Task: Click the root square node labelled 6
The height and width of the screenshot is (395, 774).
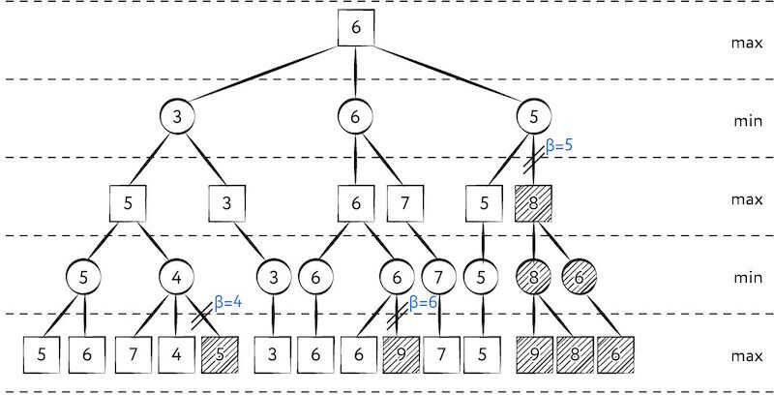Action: click(x=356, y=28)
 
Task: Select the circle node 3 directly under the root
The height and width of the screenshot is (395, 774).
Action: click(x=177, y=116)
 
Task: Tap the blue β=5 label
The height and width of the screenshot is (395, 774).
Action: click(x=559, y=146)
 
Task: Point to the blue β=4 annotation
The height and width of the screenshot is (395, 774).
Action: click(x=227, y=302)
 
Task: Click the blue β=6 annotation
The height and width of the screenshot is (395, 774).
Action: click(x=423, y=302)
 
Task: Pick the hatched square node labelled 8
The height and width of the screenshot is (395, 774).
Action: click(x=533, y=203)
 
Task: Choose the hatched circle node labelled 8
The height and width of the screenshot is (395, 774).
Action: click(x=534, y=277)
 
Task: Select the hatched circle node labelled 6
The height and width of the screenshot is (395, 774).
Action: click(x=579, y=277)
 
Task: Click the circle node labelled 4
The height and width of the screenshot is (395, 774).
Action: click(x=176, y=277)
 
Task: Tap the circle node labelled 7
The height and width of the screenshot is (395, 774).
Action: click(x=439, y=277)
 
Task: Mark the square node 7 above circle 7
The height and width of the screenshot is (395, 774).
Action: click(x=404, y=203)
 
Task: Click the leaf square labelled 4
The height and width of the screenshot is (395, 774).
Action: click(x=176, y=354)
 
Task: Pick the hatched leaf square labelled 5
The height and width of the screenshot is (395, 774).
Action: click(x=221, y=354)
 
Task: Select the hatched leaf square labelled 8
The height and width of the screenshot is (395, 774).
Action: click(x=575, y=354)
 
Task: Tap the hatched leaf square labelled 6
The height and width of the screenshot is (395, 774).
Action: click(x=615, y=354)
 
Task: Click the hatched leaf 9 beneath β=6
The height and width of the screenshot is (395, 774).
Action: click(x=401, y=354)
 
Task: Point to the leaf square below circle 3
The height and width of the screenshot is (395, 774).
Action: click(x=272, y=354)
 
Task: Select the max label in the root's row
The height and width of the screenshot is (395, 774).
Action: click(x=747, y=43)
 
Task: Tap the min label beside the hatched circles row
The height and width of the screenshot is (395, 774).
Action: click(x=748, y=278)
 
